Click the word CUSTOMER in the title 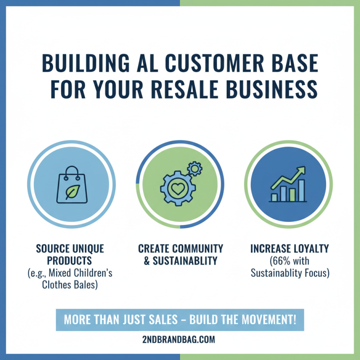tap(215, 63)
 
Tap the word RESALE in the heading tap(185, 89)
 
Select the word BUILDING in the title tap(86, 63)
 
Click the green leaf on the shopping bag tap(73, 192)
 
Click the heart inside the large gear tap(178, 189)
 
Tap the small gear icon tap(195, 169)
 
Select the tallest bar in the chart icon tap(301, 190)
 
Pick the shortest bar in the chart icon tap(274, 198)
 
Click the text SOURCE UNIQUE tap(70, 249)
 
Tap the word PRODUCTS tap(69, 261)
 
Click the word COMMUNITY tap(198, 249)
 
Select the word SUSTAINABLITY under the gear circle tap(185, 261)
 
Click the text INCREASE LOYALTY tap(289, 249)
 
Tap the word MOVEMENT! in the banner tap(269, 319)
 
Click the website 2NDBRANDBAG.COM tap(179, 339)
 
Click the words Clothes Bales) tap(70, 285)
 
